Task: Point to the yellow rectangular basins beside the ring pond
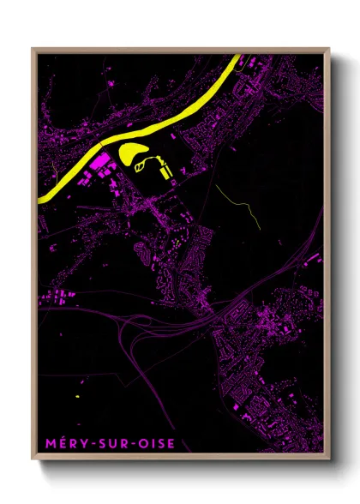[165, 172]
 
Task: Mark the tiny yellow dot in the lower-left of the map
[76, 396]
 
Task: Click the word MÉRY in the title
[61, 443]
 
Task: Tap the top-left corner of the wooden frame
[33, 49]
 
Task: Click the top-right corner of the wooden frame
[329, 49]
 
